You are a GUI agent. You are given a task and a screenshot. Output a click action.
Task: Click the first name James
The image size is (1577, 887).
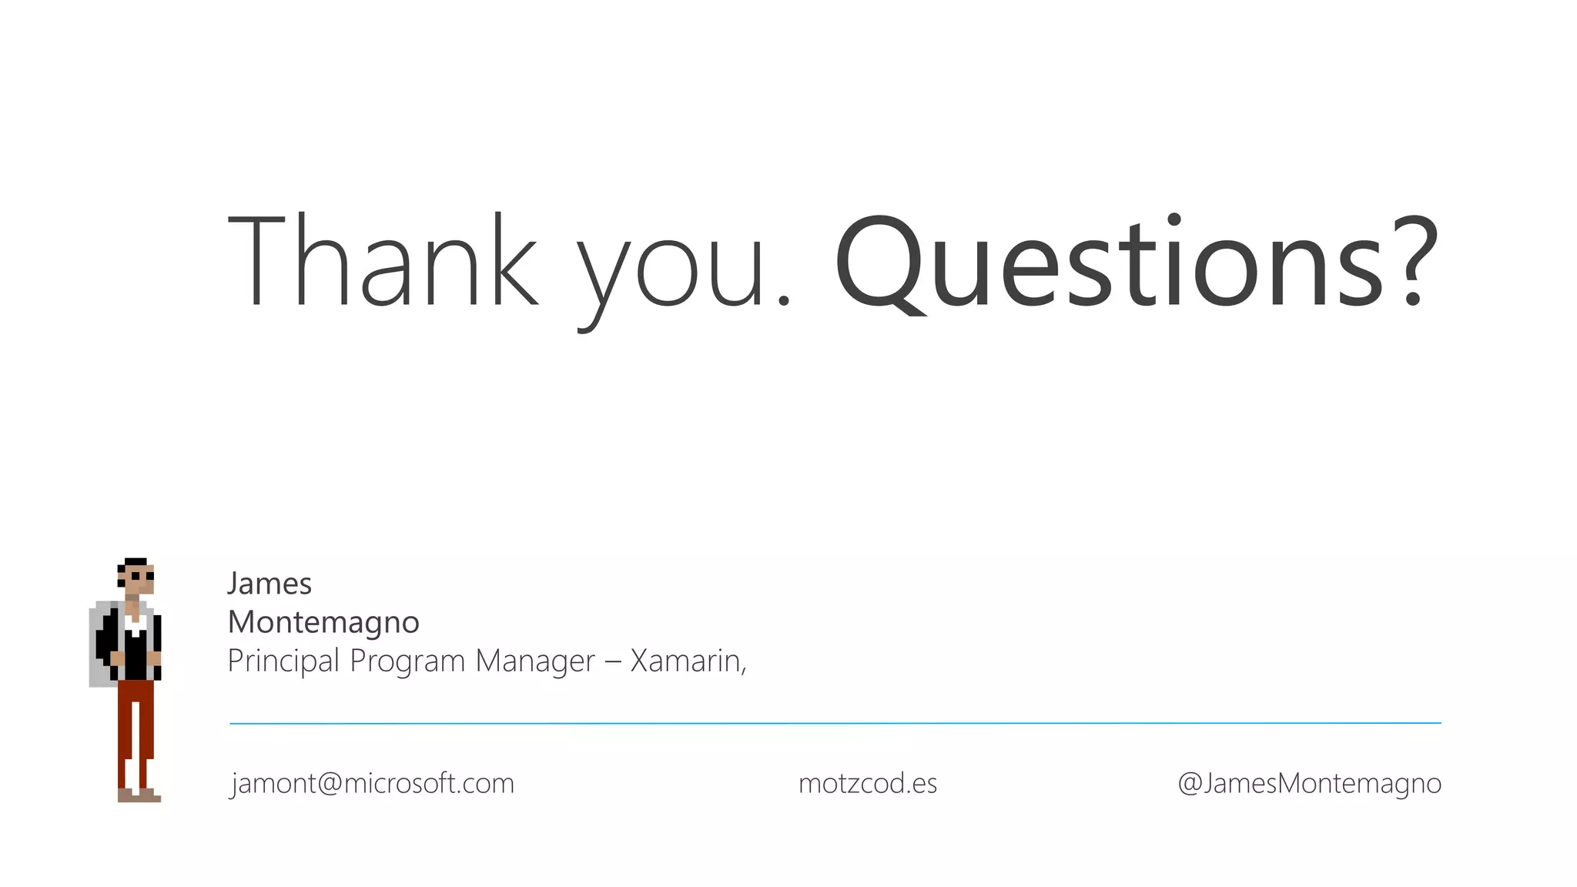(x=270, y=584)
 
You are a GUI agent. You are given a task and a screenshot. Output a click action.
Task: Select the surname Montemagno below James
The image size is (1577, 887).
(x=323, y=622)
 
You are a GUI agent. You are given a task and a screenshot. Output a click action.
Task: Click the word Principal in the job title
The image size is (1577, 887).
(x=283, y=661)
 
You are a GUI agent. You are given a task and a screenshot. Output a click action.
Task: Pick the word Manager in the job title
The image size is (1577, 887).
(x=535, y=661)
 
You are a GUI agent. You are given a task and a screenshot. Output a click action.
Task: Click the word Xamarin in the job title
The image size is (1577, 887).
(x=685, y=661)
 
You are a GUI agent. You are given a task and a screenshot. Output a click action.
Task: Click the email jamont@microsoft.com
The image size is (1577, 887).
(x=373, y=783)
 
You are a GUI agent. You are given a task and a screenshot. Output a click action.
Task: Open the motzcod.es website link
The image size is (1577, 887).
(x=868, y=783)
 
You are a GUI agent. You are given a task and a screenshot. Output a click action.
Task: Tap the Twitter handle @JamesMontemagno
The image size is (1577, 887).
(x=1309, y=783)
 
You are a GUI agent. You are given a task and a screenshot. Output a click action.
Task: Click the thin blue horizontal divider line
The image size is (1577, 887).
(x=835, y=723)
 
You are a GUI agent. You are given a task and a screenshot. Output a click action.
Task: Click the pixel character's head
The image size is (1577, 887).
(x=136, y=577)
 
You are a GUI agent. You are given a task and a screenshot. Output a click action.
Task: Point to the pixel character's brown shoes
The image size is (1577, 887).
(x=139, y=795)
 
